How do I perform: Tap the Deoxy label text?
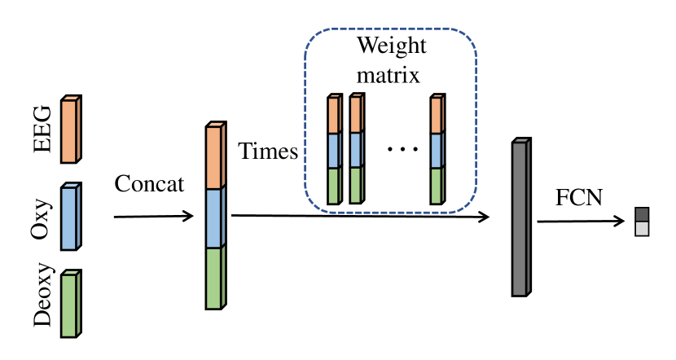pos(43,299)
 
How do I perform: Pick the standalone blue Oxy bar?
pos(72,216)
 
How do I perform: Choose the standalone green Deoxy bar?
pos(72,302)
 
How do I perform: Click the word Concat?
pos(151,183)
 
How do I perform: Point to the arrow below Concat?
pos(153,217)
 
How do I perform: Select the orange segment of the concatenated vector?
pos(214,156)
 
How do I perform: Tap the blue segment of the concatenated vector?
pos(214,217)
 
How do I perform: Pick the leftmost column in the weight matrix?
pos(333,150)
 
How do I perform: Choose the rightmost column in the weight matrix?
pos(437,150)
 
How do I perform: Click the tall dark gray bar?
pos(520,217)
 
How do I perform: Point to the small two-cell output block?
pos(643,221)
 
